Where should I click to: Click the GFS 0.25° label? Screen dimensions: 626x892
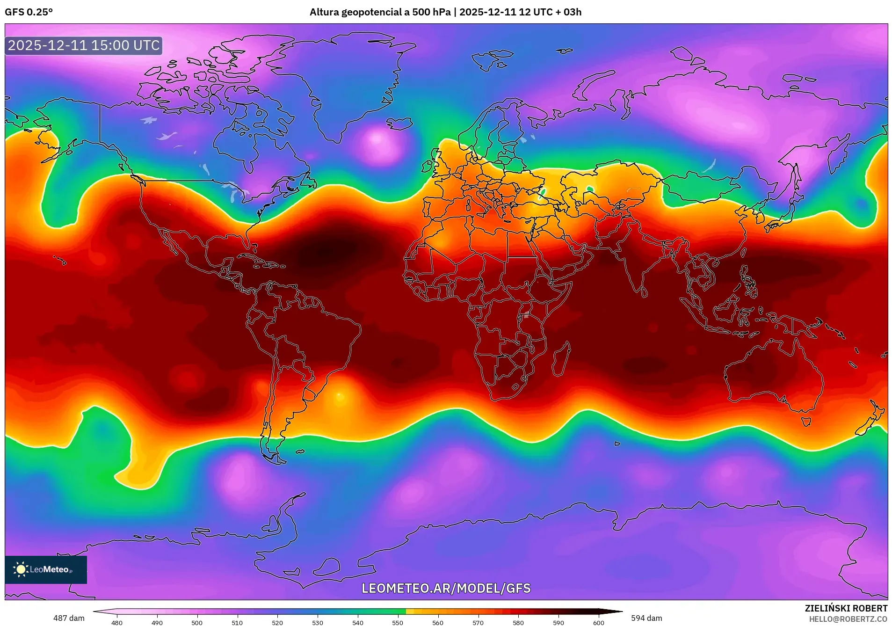[29, 12]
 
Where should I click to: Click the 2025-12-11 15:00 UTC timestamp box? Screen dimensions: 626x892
[84, 45]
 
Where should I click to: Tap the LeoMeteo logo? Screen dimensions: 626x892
[45, 569]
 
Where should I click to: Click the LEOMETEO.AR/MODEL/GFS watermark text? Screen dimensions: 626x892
[446, 588]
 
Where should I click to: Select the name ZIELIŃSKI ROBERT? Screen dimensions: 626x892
[846, 608]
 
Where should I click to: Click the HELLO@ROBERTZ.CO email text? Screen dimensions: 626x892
[848, 619]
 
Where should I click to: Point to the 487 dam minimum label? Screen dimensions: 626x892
[69, 618]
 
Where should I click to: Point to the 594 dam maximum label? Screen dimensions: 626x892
[646, 618]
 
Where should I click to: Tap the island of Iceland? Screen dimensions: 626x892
[400, 124]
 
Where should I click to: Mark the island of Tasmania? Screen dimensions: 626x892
[805, 421]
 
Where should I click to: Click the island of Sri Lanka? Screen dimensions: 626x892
[644, 292]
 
